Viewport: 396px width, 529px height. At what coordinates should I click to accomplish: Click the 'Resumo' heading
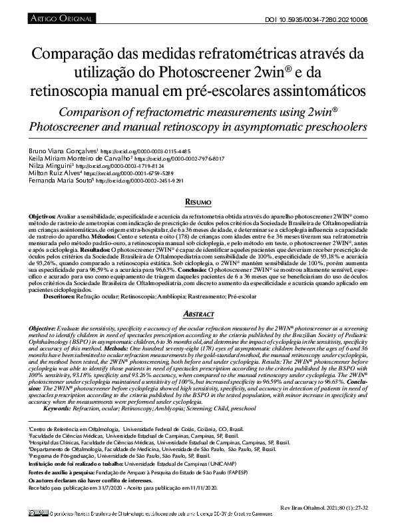pos(198,202)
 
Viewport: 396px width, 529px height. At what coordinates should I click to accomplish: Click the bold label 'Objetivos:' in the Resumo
pos(42,217)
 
